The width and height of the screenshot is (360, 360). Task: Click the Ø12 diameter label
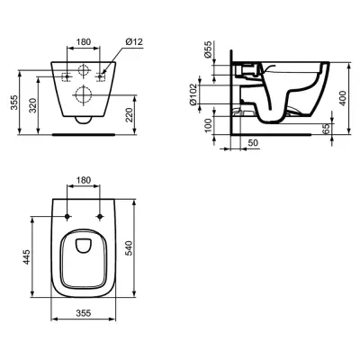coord(134,41)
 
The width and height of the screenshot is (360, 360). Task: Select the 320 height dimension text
coord(33,105)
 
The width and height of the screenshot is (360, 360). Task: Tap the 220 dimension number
coord(129,115)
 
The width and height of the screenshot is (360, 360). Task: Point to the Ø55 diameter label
coord(208,49)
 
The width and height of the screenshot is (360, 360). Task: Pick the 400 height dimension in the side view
coord(343,98)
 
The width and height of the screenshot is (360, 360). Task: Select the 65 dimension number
coord(327,129)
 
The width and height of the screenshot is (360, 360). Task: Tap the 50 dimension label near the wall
coord(253,143)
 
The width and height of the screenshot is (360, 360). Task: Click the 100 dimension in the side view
coord(209,125)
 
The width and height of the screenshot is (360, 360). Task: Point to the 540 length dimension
coord(129,247)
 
